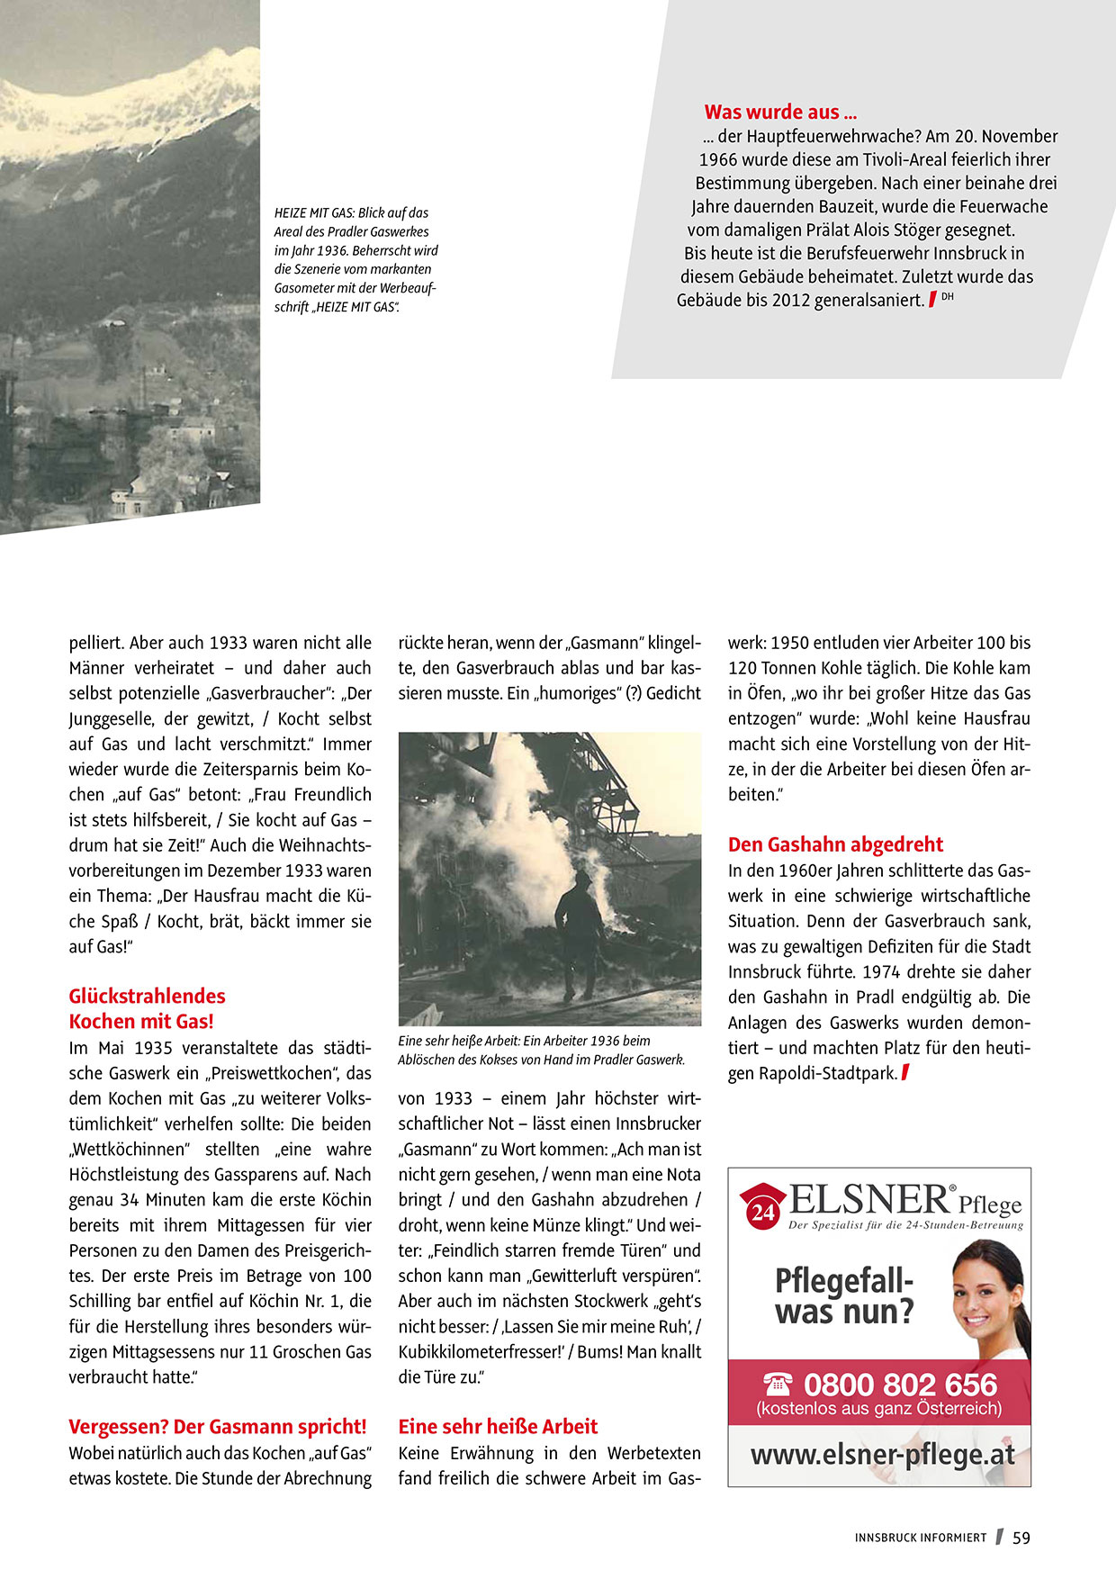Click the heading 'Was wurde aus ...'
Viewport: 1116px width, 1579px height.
pos(780,113)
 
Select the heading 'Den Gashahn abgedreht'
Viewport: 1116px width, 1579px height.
pos(835,844)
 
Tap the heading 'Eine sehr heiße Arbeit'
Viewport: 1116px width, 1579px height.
pos(498,1426)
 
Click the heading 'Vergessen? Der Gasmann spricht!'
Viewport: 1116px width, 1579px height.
pos(218,1426)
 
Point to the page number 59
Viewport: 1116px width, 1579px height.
pos(1021,1538)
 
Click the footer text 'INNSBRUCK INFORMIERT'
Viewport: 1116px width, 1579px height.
pos(920,1538)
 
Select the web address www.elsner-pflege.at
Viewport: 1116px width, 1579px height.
pos(882,1455)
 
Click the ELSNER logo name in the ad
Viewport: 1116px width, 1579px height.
pos(869,1200)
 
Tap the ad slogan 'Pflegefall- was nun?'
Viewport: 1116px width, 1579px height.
pos(844,1296)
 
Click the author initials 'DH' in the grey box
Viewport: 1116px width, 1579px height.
pos(947,296)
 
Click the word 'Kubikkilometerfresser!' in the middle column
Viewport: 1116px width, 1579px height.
pos(481,1351)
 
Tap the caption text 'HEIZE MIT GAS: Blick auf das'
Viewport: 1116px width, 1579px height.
pos(351,213)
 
